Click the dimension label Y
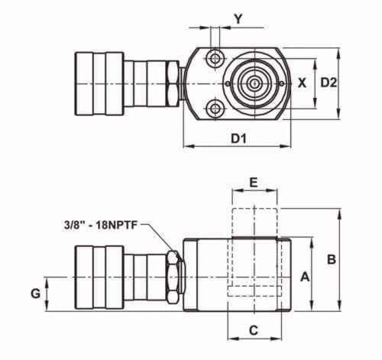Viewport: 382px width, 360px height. coord(238,18)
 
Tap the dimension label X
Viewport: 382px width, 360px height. coord(302,83)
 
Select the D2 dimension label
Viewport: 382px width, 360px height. coord(329,83)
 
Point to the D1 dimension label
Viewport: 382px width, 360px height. coord(238,138)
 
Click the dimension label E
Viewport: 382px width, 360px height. coord(254,183)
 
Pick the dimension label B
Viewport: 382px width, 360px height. coord(332,259)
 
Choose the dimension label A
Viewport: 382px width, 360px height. coord(305,277)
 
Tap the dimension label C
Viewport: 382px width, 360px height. coord(254,330)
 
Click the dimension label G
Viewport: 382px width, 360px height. coord(36,294)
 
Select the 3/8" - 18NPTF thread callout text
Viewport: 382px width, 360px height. coord(101,225)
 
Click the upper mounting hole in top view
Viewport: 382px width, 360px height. coord(215,58)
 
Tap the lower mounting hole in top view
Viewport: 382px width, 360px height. coord(215,109)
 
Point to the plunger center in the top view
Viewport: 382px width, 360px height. coord(254,83)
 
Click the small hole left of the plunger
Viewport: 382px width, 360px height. coord(228,83)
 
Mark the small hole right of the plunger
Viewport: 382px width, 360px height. coord(282,83)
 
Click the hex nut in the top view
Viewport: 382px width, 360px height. coord(172,83)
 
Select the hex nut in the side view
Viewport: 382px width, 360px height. coord(173,277)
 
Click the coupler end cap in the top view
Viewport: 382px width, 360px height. coord(99,84)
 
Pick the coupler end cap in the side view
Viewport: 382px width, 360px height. coord(99,277)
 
